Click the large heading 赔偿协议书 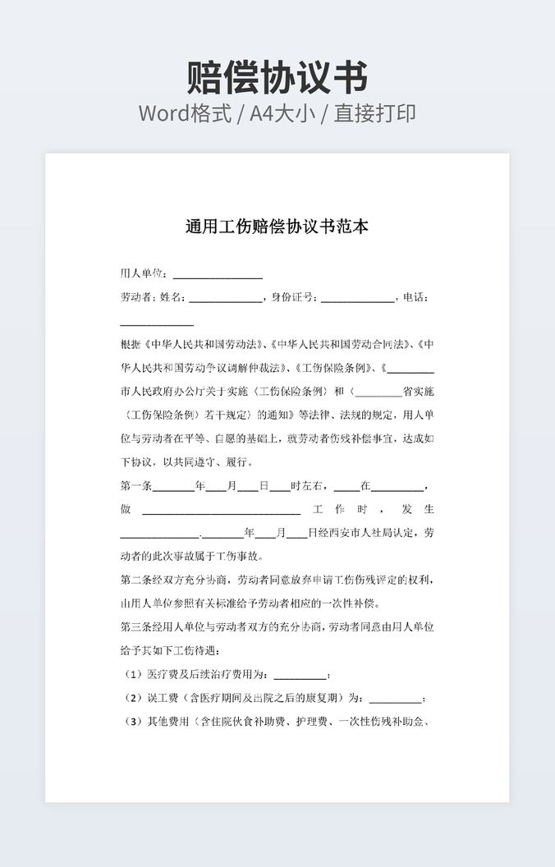[x=277, y=77]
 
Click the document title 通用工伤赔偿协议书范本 [x=277, y=227]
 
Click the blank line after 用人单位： [x=218, y=274]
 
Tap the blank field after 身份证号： [x=357, y=298]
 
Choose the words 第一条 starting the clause [x=136, y=486]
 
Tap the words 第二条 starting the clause [x=136, y=580]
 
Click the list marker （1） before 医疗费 [x=133, y=675]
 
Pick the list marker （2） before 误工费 [x=133, y=699]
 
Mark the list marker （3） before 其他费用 [x=133, y=722]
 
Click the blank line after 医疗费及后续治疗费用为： [x=300, y=676]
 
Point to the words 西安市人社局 [x=351, y=533]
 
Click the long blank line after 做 [x=222, y=510]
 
